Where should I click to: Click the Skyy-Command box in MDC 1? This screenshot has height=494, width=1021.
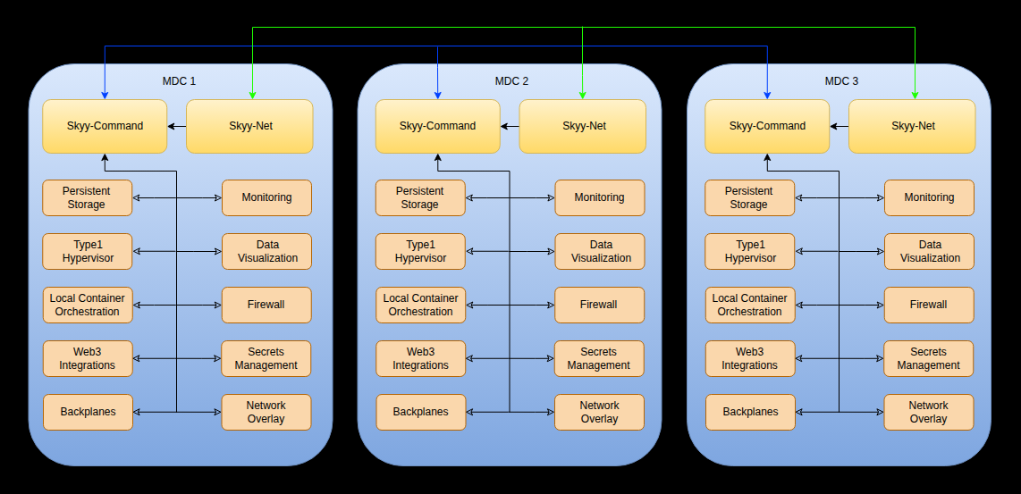105,126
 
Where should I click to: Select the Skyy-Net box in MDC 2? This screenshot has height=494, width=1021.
583,126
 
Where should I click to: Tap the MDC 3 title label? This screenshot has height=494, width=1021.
840,81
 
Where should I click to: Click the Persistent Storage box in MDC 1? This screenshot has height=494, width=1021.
87,197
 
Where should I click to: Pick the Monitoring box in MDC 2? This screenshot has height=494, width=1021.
599,197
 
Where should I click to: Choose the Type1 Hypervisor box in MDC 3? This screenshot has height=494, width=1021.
749,251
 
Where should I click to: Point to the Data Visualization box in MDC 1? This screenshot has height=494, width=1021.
266,251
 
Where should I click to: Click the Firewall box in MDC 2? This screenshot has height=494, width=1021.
599,305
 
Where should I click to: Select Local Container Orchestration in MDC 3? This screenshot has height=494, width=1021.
749,305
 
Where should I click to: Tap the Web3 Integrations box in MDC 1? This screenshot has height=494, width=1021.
87,358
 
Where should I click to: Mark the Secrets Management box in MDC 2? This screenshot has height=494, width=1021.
599,358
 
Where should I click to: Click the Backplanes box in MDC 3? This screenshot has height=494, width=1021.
749,412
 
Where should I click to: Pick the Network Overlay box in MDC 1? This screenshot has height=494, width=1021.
266,412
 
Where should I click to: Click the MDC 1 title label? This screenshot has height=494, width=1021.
179,81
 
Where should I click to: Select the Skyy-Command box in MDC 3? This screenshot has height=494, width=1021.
766,126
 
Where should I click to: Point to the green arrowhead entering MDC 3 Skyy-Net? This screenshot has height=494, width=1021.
915,95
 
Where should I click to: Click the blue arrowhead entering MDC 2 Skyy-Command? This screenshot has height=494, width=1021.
437,95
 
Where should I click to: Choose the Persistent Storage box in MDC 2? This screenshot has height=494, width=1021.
419,197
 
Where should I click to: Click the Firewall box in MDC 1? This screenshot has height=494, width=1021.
266,305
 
